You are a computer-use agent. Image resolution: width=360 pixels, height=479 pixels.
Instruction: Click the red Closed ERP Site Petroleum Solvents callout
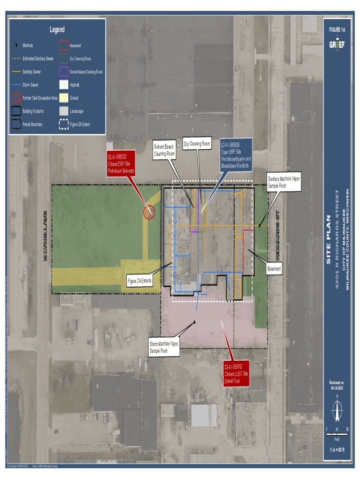pos(121,163)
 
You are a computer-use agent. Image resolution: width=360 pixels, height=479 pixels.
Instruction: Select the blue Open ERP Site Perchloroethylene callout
pos(236,156)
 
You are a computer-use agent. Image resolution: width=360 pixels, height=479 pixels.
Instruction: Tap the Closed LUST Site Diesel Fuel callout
pos(236,373)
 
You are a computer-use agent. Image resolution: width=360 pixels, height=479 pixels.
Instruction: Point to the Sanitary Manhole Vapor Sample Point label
pos(283,182)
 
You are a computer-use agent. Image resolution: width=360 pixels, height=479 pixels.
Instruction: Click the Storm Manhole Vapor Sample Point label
pos(164,347)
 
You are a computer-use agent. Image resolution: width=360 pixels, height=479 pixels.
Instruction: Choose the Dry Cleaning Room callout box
pos(197,144)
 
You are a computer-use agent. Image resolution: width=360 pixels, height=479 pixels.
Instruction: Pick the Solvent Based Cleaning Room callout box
pos(164,150)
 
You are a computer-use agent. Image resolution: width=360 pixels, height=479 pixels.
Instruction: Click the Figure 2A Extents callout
pos(139,281)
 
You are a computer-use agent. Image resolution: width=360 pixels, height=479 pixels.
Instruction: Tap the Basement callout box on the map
pos(274,269)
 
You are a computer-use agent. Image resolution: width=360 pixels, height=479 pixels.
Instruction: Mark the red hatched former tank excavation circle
pos(150,212)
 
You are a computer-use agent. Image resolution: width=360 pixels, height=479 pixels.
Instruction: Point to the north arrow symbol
pos(337,411)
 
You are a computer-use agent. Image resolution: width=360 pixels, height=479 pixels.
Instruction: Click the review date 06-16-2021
pos(337,388)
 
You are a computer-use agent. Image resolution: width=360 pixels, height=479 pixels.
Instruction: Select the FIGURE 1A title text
pos(337,30)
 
